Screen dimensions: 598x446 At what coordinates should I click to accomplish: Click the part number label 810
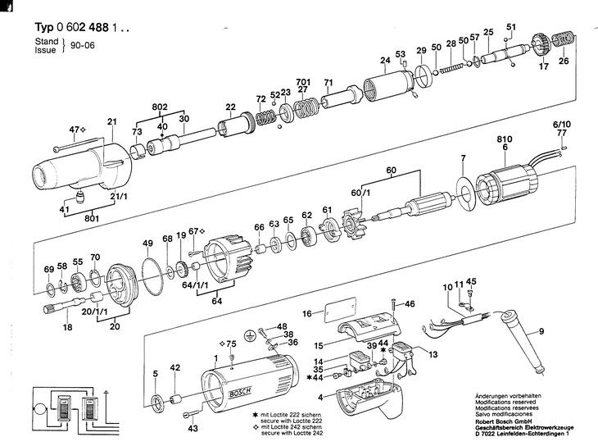pyautogui.click(x=504, y=139)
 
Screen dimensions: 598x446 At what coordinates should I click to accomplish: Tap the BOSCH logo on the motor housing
pyautogui.click(x=240, y=393)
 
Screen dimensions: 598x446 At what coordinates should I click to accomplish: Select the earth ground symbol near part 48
pyautogui.click(x=250, y=334)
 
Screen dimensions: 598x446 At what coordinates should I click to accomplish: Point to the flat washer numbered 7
pyautogui.click(x=466, y=193)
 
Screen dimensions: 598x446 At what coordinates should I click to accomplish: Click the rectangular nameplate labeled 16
pyautogui.click(x=340, y=309)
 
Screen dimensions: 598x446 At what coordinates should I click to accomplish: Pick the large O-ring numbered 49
pyautogui.click(x=152, y=275)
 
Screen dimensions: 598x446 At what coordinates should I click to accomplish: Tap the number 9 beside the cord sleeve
pyautogui.click(x=541, y=331)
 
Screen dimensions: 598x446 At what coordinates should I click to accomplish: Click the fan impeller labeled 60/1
pyautogui.click(x=353, y=224)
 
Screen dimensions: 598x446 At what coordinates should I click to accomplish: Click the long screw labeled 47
pyautogui.click(x=79, y=143)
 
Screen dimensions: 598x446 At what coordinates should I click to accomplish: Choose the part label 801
pyautogui.click(x=92, y=218)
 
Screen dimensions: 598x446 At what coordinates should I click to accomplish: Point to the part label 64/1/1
pyautogui.click(x=195, y=285)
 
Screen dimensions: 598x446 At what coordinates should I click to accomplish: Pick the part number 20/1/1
pyautogui.click(x=94, y=312)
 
